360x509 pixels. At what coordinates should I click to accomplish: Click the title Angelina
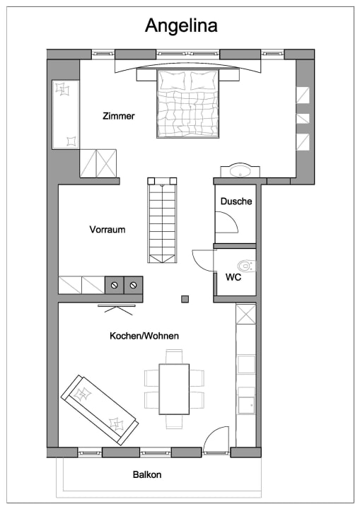pyautogui.click(x=181, y=25)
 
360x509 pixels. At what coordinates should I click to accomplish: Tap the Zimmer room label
pyautogui.click(x=117, y=116)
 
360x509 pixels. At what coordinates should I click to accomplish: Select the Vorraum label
pyautogui.click(x=108, y=230)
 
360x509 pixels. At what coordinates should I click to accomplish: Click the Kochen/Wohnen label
pyautogui.click(x=144, y=336)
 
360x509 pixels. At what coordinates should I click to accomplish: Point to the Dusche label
pyautogui.click(x=236, y=201)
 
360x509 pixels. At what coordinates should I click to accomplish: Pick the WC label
pyautogui.click(x=233, y=277)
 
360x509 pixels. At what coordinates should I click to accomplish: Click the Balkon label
pyautogui.click(x=147, y=474)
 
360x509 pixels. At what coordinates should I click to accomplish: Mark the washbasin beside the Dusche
pyautogui.click(x=240, y=171)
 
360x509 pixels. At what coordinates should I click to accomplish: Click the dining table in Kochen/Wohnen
pyautogui.click(x=174, y=389)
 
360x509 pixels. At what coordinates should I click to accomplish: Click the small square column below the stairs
pyautogui.click(x=185, y=298)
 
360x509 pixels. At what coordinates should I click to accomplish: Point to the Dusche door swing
pyautogui.click(x=227, y=222)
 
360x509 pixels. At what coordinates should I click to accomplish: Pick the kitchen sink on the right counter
pyautogui.click(x=245, y=404)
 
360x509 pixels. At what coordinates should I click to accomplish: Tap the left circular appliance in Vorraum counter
pyautogui.click(x=113, y=285)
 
